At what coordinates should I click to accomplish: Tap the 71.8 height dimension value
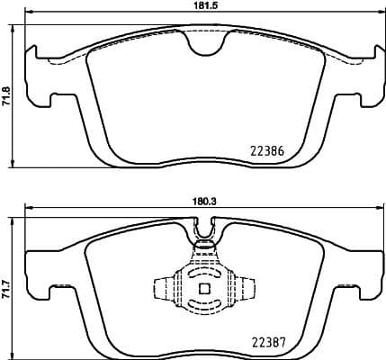click(6, 96)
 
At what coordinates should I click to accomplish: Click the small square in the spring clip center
click(203, 289)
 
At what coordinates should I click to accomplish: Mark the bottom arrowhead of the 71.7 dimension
click(15, 353)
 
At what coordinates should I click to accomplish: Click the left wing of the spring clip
click(163, 289)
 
